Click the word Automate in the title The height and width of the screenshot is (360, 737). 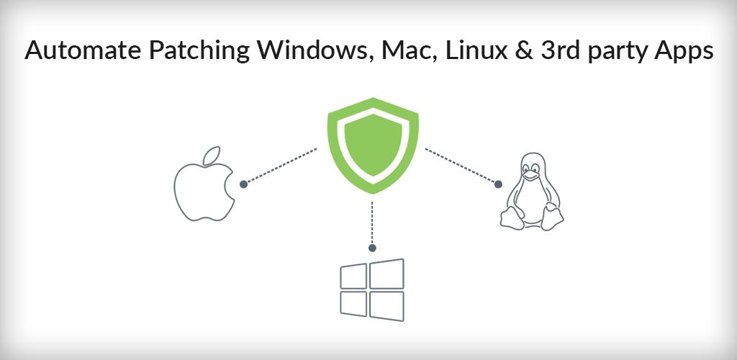(83, 50)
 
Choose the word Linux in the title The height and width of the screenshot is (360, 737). (476, 50)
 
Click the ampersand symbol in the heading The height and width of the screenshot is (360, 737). (523, 50)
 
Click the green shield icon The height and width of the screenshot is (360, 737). (373, 145)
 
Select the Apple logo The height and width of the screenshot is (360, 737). (204, 184)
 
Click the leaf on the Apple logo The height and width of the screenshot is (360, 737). (211, 156)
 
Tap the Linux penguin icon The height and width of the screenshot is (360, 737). (531, 192)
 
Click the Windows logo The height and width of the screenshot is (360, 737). (372, 289)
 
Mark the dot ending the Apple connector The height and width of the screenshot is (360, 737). (243, 184)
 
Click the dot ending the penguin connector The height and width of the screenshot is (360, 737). (498, 184)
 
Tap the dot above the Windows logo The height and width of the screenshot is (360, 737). (372, 248)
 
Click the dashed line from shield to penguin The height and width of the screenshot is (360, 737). (460, 166)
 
